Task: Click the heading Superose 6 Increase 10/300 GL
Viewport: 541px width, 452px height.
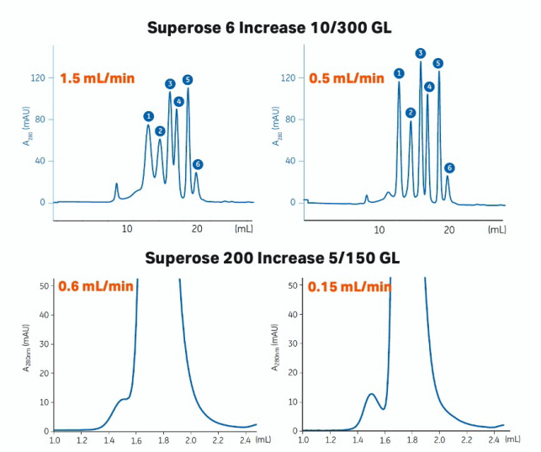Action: [x=269, y=28]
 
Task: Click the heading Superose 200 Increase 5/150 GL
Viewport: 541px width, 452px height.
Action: [x=269, y=257]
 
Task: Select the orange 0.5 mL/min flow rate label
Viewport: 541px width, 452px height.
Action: [x=345, y=78]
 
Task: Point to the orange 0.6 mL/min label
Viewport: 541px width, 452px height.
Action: [x=95, y=286]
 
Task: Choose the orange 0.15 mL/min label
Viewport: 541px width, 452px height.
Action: [x=349, y=286]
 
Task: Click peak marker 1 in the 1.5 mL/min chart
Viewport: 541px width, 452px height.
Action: [x=148, y=116]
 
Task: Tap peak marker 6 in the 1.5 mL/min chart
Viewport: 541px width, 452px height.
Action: [x=198, y=164]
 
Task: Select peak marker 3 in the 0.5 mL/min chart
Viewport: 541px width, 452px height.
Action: [x=421, y=53]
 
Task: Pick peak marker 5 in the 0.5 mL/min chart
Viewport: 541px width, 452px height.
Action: [x=438, y=63]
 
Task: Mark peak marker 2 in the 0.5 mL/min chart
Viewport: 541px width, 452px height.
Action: [x=411, y=112]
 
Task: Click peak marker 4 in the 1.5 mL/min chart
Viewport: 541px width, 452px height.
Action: [x=178, y=101]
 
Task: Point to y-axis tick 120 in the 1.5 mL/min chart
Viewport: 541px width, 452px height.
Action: [x=37, y=77]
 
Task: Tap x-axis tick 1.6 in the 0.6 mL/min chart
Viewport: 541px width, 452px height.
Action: [x=136, y=439]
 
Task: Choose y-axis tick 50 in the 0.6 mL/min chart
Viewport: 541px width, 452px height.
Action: [x=44, y=284]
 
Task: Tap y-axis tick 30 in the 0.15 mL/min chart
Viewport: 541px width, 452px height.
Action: [x=294, y=343]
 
